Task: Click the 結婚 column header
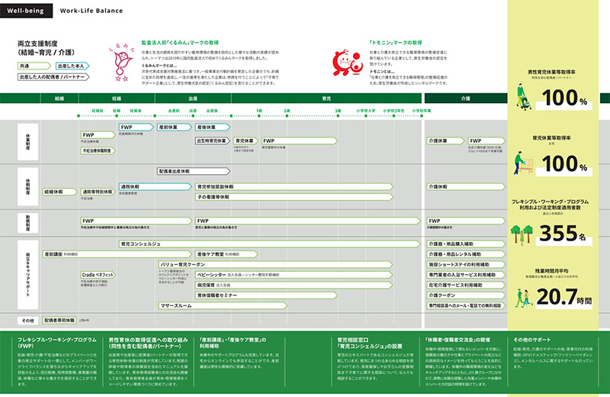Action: (59, 98)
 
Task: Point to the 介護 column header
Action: (464, 98)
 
